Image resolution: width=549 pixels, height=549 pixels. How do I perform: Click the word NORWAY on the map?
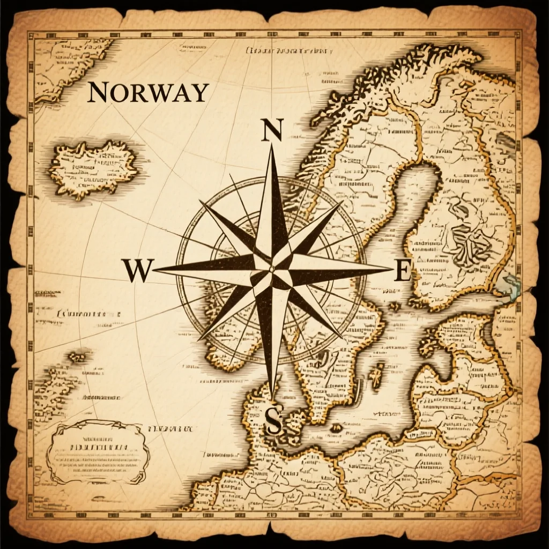(147, 92)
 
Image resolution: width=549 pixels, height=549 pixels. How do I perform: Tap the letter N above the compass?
(272, 130)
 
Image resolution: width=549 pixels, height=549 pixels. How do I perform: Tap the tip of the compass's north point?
(272, 146)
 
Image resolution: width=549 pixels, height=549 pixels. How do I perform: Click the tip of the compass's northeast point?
(342, 202)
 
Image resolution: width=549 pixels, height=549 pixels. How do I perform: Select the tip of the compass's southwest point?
(199, 339)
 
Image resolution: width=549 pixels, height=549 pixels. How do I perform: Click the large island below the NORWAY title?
(93, 168)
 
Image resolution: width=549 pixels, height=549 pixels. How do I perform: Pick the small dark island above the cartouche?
(78, 355)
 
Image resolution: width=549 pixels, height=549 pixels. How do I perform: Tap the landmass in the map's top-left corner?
(70, 67)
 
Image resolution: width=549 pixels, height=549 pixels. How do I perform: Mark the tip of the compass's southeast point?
(342, 337)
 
